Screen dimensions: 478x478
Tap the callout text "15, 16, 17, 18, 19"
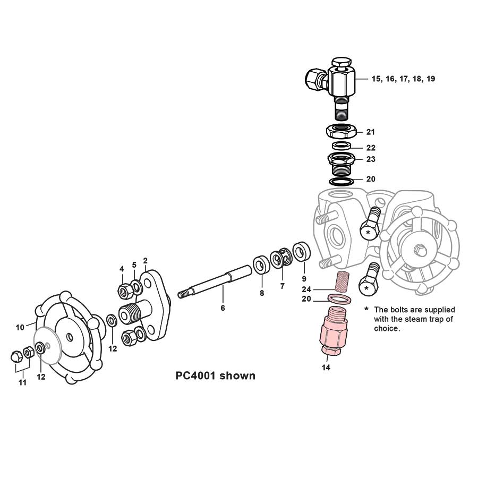click(403, 79)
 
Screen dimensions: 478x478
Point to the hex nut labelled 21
click(343, 130)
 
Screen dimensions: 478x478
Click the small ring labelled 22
click(342, 146)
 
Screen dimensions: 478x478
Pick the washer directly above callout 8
click(261, 264)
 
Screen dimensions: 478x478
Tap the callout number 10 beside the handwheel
click(20, 327)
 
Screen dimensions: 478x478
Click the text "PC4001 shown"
click(215, 376)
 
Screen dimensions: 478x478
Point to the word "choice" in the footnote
click(386, 328)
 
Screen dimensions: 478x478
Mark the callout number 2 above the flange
click(145, 261)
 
